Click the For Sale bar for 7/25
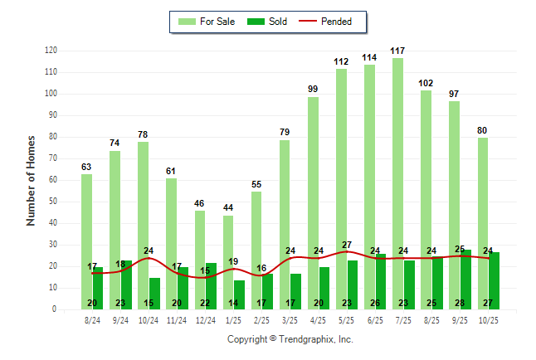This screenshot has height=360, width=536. pos(398,182)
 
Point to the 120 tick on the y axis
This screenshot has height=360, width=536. pos(51,51)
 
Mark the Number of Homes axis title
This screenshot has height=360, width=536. pos(31,180)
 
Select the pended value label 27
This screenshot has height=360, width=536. pos(348,245)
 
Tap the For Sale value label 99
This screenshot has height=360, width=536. pos(313,90)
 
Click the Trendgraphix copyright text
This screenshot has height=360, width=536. pos(290,339)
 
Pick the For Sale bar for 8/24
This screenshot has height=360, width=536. pos(86,241)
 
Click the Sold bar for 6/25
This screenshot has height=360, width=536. pos(381,281)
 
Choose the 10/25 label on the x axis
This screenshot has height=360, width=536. pos(489,319)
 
